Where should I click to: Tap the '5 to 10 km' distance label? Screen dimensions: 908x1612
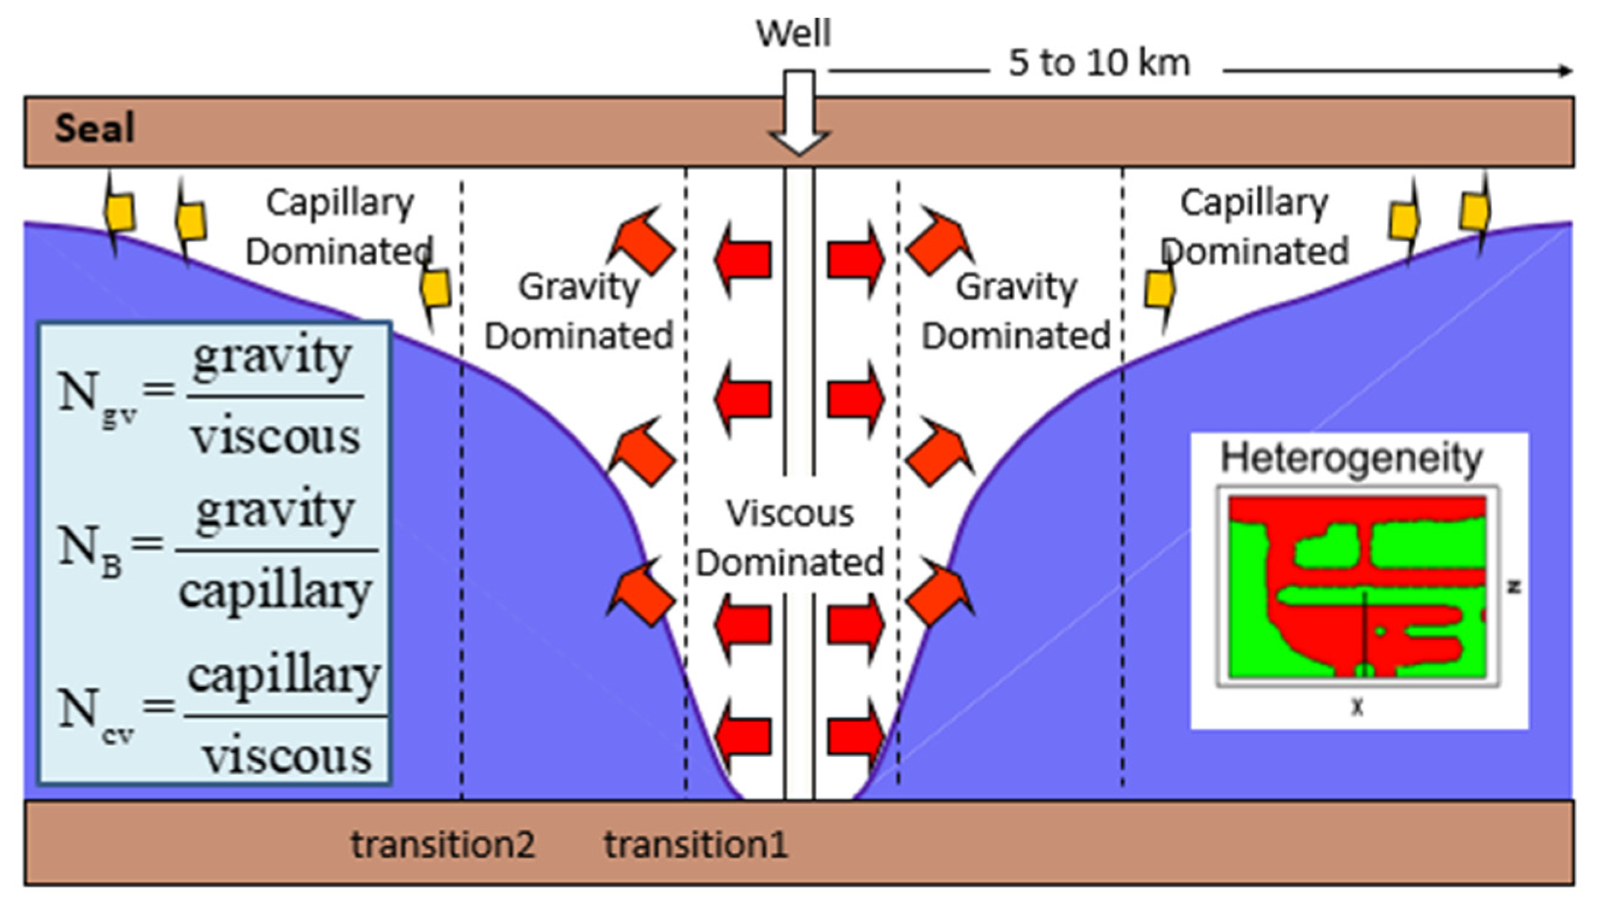pyautogui.click(x=1099, y=63)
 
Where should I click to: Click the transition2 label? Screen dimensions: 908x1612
pyautogui.click(x=443, y=844)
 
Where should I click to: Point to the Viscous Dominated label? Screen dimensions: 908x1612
pyautogui.click(x=790, y=538)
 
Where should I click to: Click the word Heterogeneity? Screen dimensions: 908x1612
pyautogui.click(x=1352, y=458)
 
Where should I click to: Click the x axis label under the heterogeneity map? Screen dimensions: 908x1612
pyautogui.click(x=1356, y=707)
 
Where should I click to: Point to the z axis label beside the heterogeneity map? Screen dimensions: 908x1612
pyautogui.click(x=1513, y=587)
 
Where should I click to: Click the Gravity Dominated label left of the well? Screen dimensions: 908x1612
pyautogui.click(x=579, y=311)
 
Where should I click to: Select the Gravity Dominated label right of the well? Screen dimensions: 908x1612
pyautogui.click(x=1015, y=311)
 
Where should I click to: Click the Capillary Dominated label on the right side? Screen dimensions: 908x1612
pyautogui.click(x=1254, y=227)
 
